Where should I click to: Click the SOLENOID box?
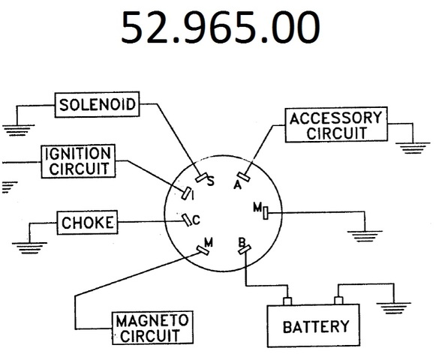tap(97, 104)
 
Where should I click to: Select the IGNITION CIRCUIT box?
tap(78, 161)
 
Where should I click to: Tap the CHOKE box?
tap(88, 223)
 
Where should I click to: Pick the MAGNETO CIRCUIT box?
tap(152, 328)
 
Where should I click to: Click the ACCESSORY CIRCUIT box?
tap(336, 124)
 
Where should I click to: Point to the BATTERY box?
tap(314, 325)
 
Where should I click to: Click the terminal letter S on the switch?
tap(211, 181)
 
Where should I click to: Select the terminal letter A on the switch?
tap(237, 185)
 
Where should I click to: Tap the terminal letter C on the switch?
tap(197, 220)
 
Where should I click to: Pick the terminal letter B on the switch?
tap(242, 242)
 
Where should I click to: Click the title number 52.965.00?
tap(221, 27)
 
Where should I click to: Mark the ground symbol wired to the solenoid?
tap(17, 130)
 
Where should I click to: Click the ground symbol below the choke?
tap(29, 248)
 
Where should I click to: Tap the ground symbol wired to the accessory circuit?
tap(413, 148)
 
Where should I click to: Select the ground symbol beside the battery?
tap(394, 308)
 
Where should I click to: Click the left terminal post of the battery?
tap(287, 301)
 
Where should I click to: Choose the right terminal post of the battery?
tap(338, 301)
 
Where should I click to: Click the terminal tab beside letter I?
tap(186, 193)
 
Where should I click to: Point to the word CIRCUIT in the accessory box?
tap(337, 133)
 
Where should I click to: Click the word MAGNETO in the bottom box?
tap(152, 320)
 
